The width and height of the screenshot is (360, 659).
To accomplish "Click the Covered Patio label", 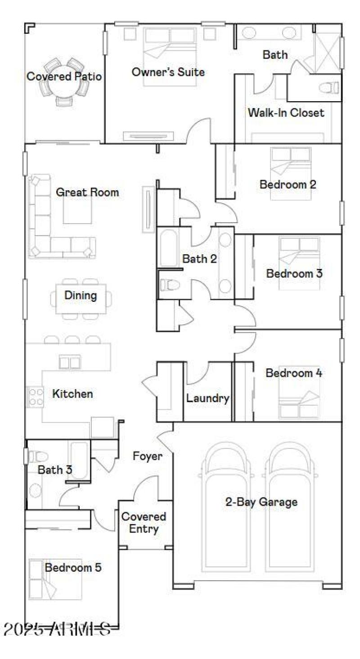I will (x=64, y=76).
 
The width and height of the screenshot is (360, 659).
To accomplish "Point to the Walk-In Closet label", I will (x=286, y=112).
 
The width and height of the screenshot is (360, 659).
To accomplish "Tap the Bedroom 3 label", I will (x=294, y=273).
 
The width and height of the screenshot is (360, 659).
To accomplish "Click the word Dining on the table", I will (x=81, y=296).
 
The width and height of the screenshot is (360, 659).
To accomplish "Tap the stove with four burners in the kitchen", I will (x=35, y=397).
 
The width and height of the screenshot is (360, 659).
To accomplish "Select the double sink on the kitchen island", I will (x=70, y=362).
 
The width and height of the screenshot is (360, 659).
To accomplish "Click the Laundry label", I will (x=208, y=398).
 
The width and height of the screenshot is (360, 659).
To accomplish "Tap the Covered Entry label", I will (x=144, y=523).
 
